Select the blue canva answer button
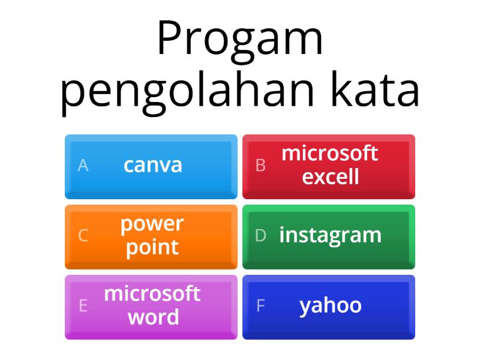point(151,166)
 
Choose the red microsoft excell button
point(329,166)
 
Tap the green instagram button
point(329,236)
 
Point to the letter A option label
point(83,166)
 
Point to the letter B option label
point(260,166)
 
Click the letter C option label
point(83,236)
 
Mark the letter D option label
point(260,236)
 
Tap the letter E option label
point(83,306)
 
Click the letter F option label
point(260,306)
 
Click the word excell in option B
point(331,177)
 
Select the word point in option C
point(152,247)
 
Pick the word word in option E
point(153,317)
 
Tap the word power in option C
point(152,224)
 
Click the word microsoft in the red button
point(330,154)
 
